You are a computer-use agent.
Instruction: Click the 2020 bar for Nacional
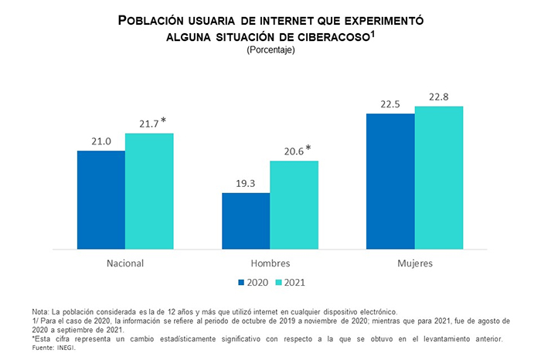(101, 200)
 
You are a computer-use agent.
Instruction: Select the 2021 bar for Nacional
(149, 192)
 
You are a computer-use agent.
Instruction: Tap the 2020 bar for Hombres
(246, 221)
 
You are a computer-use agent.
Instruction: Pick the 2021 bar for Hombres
(294, 205)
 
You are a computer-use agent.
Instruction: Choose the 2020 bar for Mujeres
(390, 182)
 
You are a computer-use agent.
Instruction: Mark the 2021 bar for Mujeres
(438, 178)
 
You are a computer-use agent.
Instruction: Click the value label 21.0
(101, 141)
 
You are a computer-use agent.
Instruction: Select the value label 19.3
(246, 183)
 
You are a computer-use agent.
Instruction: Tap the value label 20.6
(291, 151)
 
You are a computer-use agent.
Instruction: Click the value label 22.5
(390, 104)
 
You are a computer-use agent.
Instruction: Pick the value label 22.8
(438, 97)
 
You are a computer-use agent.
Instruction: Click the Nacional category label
(125, 263)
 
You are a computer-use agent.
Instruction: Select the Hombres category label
(270, 263)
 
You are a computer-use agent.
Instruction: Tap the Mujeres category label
(414, 263)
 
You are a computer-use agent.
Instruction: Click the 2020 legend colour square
(241, 283)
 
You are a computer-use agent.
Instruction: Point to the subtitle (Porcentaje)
(270, 50)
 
